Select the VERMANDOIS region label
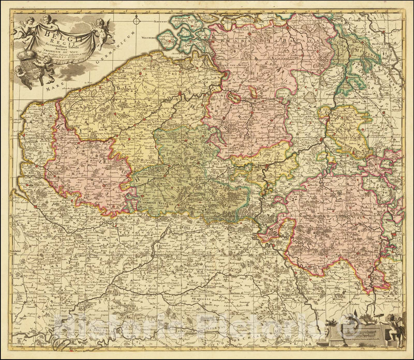[127, 234]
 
